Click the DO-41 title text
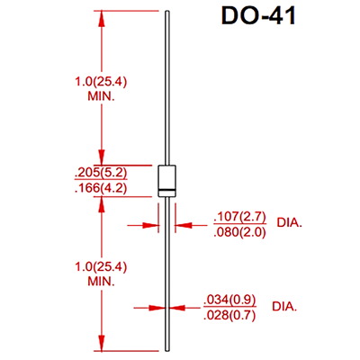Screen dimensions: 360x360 pos(258,15)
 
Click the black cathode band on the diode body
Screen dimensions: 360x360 pos(166,190)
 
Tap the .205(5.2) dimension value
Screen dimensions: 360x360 pos(101,173)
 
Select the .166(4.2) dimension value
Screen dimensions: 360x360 pos(101,188)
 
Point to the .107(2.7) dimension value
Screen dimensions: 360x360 pos(239,217)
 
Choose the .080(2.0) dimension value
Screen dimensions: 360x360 pos(239,232)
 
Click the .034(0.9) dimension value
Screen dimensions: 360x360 pos(229,300)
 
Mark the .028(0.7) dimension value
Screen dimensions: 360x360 pos(229,315)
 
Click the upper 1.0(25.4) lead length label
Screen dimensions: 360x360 pos(101,82)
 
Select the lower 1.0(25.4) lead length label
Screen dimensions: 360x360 pos(101,266)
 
